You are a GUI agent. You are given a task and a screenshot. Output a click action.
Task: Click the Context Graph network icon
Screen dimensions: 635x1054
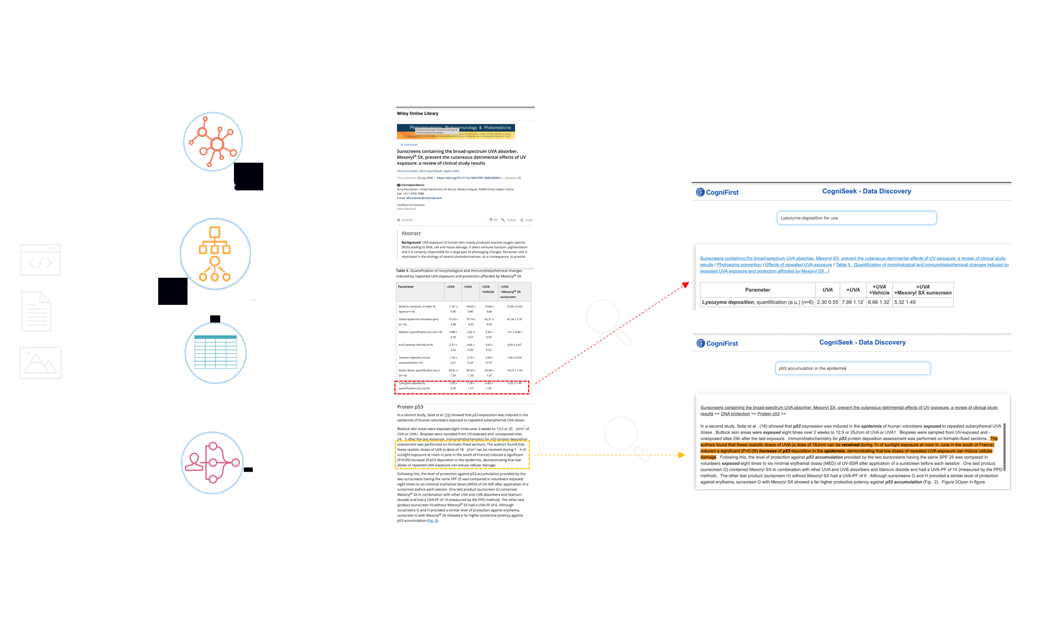click(x=213, y=142)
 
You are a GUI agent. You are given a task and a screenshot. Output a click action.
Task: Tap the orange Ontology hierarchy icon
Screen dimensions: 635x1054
click(x=215, y=254)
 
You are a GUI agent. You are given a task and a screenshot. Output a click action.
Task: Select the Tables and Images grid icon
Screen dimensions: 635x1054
click(x=215, y=352)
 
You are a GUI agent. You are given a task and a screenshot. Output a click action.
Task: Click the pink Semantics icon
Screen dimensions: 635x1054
click(x=212, y=462)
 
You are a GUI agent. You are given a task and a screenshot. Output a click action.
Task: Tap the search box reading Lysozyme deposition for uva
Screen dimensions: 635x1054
click(x=856, y=218)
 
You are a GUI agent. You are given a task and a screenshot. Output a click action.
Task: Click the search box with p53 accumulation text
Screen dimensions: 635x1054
click(x=853, y=368)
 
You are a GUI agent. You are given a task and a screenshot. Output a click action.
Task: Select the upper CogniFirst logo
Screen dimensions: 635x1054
click(x=717, y=192)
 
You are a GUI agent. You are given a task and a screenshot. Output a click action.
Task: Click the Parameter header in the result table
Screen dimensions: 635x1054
click(x=757, y=290)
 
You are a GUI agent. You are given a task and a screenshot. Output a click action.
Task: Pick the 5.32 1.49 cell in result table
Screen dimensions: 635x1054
click(x=905, y=302)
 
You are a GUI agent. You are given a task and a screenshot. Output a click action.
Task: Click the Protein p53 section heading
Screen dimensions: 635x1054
click(x=410, y=407)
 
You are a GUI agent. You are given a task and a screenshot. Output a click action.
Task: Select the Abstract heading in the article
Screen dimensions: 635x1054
click(x=411, y=233)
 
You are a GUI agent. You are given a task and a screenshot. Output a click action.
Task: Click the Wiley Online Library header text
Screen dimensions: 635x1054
click(x=418, y=113)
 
